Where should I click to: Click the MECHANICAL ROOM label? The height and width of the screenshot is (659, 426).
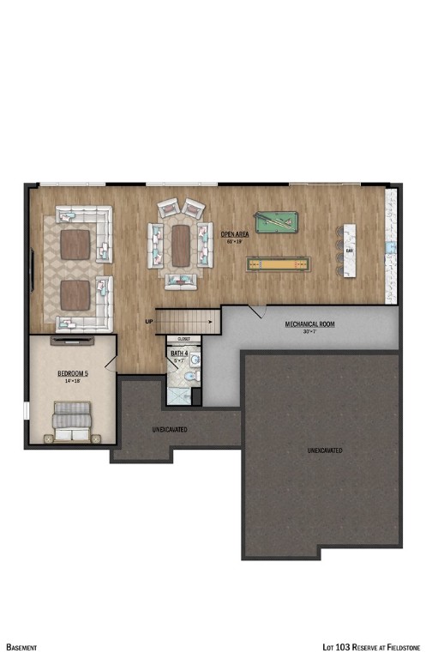309,324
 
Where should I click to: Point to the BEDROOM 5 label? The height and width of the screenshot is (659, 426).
73,373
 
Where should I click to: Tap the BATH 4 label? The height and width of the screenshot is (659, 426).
179,354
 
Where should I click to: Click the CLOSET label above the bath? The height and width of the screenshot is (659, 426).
183,340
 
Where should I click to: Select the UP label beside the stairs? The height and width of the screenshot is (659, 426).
149,322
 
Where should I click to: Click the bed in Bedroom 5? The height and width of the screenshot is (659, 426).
72,424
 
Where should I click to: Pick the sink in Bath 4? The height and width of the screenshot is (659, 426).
195,360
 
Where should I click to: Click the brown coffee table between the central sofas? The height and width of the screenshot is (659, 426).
180,245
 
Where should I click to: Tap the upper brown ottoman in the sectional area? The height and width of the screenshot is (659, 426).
75,245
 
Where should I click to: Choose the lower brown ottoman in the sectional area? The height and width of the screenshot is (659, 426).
75,294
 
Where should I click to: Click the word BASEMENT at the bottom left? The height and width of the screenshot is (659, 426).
21,646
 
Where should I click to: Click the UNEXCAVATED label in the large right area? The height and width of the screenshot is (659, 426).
325,450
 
